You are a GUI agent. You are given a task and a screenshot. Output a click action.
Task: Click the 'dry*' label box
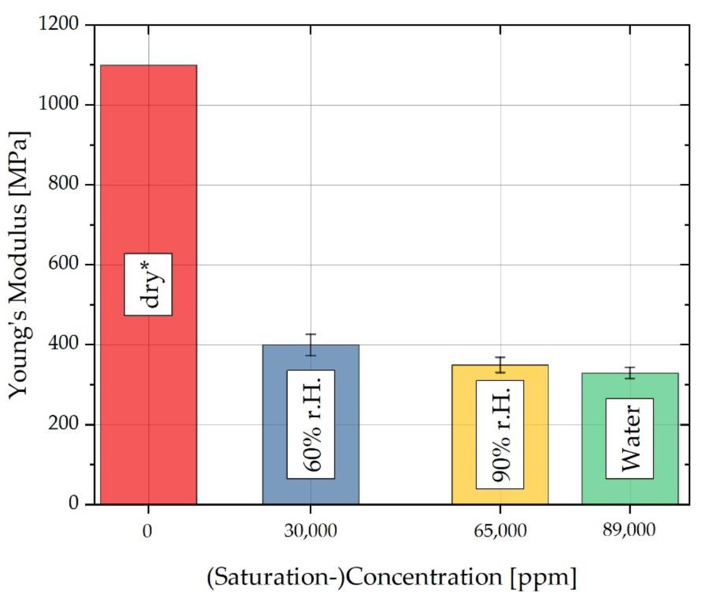(148, 284)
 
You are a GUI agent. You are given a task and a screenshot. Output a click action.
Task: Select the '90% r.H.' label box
(500, 434)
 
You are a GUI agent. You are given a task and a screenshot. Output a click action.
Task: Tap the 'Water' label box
(630, 438)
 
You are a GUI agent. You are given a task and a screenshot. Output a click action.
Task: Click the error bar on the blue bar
(311, 345)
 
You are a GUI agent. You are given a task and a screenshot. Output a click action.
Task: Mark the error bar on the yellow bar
(500, 365)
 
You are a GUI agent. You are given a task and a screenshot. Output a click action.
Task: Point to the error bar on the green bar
(630, 373)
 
